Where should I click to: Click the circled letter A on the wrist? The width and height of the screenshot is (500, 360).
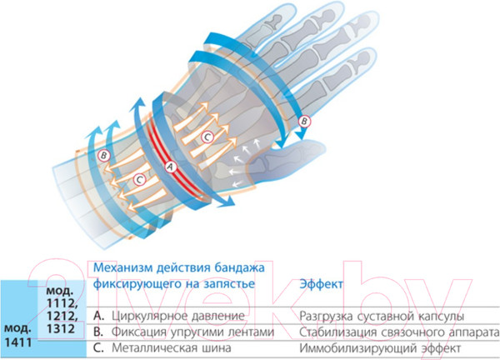pos(171,166)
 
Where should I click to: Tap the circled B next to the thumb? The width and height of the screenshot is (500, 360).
pos(305,121)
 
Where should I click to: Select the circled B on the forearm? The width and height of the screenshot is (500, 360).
pos(102,155)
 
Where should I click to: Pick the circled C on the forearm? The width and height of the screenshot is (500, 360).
pos(140,179)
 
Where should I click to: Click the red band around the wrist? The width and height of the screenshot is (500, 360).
pos(158,142)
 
